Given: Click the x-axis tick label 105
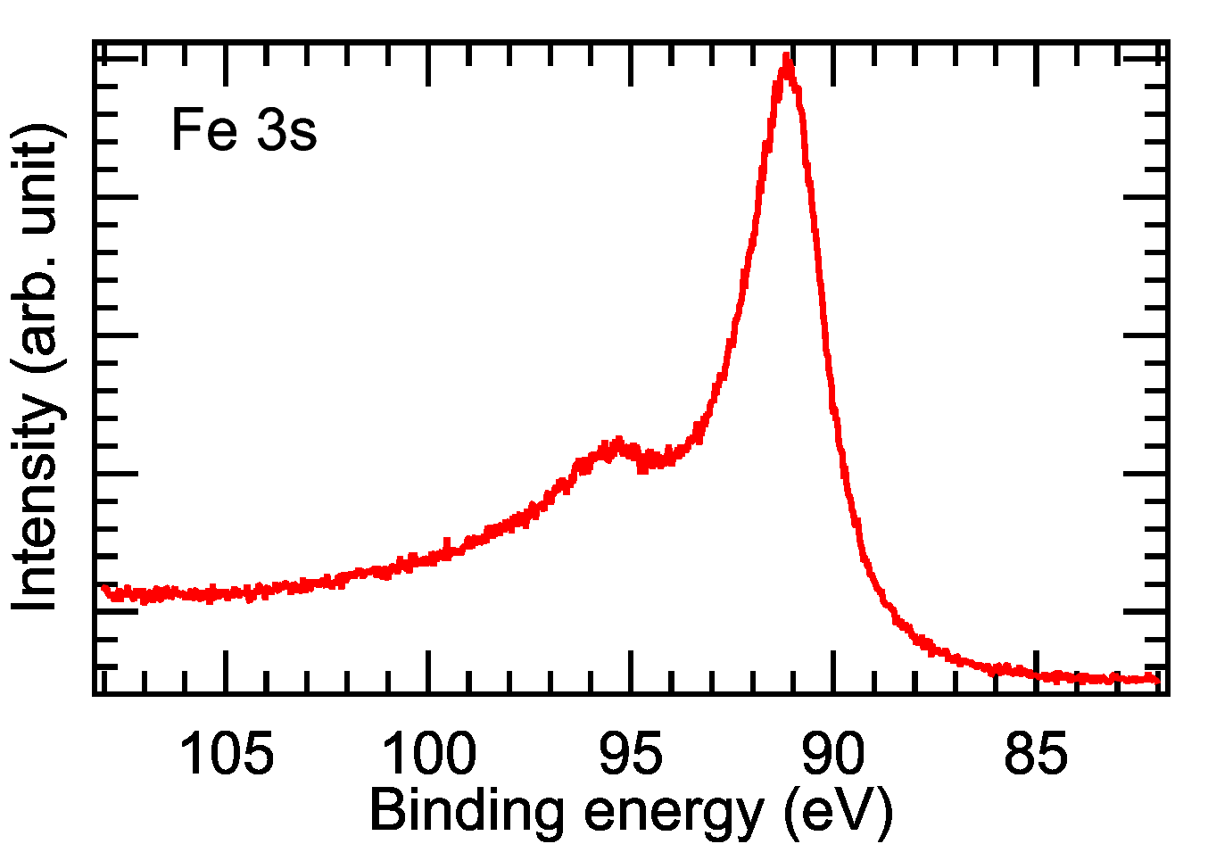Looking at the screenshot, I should [x=227, y=755].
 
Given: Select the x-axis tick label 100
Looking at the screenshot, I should [x=429, y=755].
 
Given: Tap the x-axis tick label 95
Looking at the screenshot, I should [x=632, y=755].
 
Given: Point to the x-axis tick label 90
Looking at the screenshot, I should [x=833, y=755].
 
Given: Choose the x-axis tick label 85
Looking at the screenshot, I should [x=1036, y=755].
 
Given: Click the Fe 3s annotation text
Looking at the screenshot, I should [x=244, y=130].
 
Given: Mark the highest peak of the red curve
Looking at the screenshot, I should [x=786, y=61].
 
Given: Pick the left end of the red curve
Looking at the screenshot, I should [x=103, y=587].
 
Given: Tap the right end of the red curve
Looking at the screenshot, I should [x=1157, y=681].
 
